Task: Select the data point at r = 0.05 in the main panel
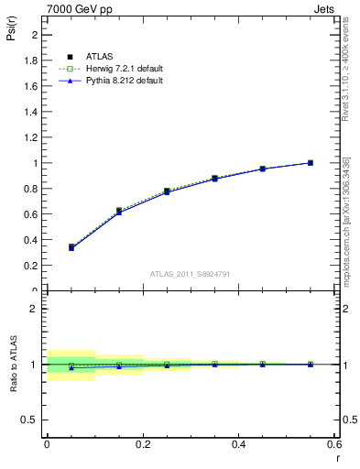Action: click(x=71, y=247)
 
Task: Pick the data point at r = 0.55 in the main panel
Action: click(x=311, y=163)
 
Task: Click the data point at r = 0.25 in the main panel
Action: click(x=167, y=191)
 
